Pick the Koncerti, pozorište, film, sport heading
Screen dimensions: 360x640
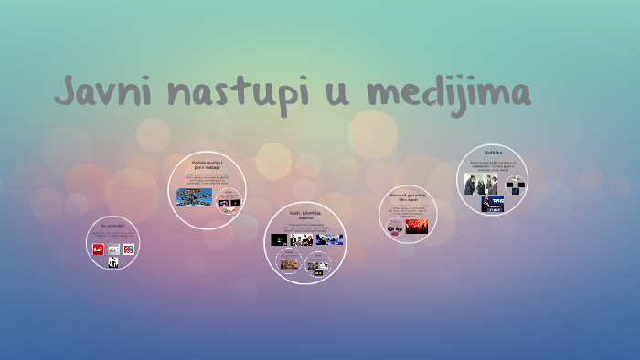[407, 197]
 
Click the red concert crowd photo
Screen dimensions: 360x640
[417, 225]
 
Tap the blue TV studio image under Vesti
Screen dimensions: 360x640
[330, 239]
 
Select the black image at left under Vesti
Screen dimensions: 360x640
[280, 239]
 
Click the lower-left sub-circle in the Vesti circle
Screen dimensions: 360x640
[290, 263]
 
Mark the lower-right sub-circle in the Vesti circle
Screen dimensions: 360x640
[319, 265]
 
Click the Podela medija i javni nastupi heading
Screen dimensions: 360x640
[207, 164]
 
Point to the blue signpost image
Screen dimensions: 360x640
[194, 196]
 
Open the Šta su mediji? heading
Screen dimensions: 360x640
[112, 225]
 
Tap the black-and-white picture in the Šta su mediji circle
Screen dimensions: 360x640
[113, 262]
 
